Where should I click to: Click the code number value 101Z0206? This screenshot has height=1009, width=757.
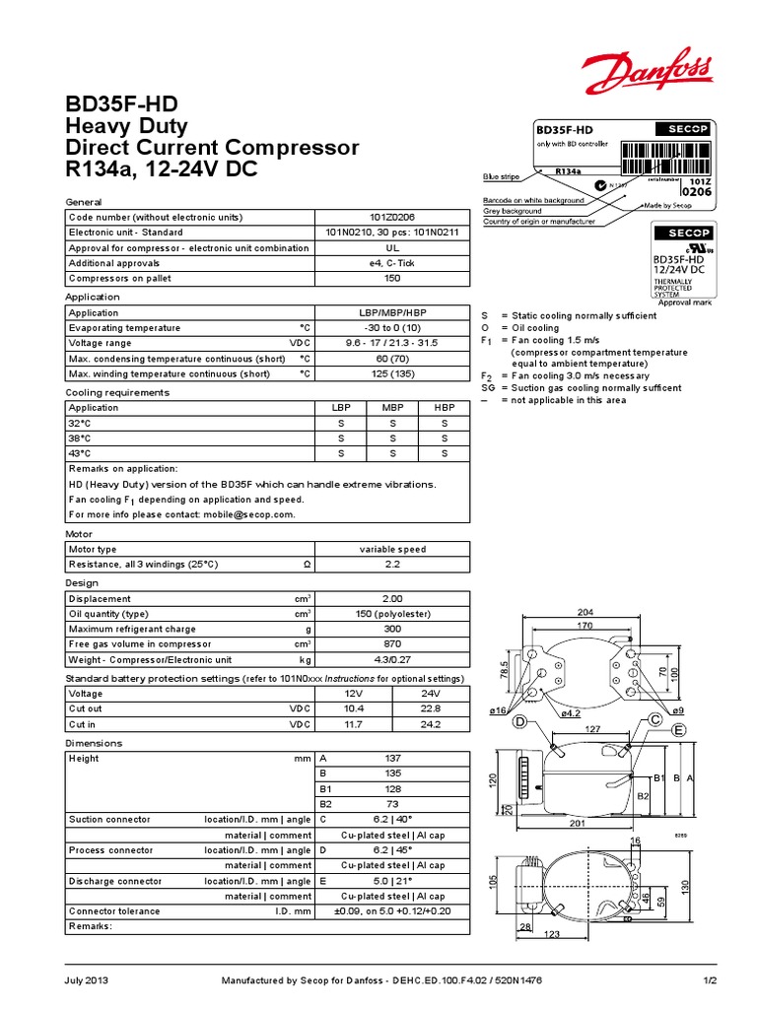[x=392, y=217]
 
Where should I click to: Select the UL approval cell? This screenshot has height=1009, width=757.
[x=392, y=247]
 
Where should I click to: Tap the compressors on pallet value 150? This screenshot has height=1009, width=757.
[x=392, y=278]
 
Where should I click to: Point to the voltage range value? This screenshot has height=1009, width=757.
[x=392, y=343]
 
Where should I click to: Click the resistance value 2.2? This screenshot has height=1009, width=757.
[x=392, y=564]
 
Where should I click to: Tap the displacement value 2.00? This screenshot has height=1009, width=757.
[x=392, y=599]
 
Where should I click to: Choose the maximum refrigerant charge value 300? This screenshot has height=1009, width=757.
[x=392, y=630]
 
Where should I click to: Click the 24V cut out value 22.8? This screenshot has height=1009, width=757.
[x=431, y=709]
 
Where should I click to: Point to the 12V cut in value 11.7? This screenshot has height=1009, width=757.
[x=354, y=724]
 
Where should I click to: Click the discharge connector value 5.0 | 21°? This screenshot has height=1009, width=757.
[x=392, y=881]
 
